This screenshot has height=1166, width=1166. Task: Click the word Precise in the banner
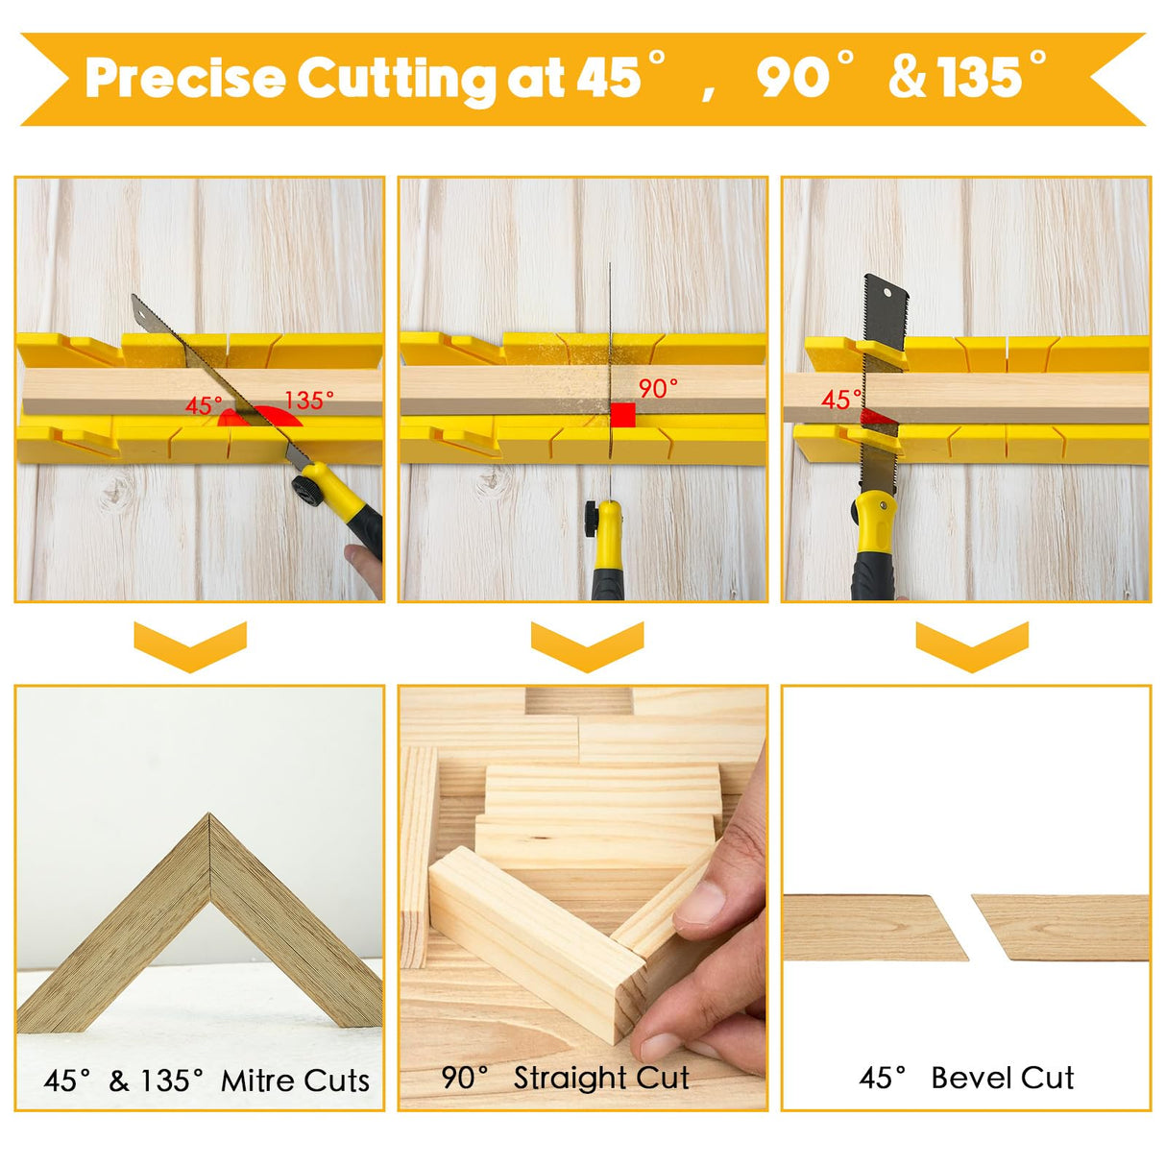click(x=184, y=79)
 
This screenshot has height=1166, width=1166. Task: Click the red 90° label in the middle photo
click(x=658, y=388)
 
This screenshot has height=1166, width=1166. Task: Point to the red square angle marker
click(x=622, y=415)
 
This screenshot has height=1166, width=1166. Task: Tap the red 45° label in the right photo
click(x=840, y=400)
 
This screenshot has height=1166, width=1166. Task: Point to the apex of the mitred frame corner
click(x=209, y=818)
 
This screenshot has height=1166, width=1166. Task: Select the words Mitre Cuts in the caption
click(x=295, y=1081)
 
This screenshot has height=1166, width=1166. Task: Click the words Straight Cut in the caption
click(x=601, y=1078)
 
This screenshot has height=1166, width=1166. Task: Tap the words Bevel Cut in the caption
click(x=1002, y=1078)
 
